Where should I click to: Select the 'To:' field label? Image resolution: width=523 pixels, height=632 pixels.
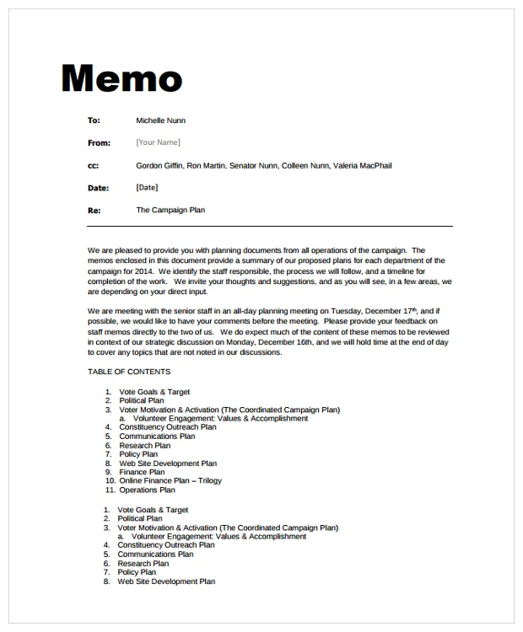pos(94,121)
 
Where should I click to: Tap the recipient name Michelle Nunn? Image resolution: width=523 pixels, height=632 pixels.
pos(160,121)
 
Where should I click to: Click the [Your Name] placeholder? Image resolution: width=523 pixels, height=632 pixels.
pos(158,142)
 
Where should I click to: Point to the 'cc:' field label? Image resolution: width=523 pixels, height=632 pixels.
pos(93,166)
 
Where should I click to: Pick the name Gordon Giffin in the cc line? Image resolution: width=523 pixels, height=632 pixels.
pos(159,166)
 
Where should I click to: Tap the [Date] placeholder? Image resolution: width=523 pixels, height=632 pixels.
pos(147,188)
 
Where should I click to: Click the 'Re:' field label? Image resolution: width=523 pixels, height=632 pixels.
pos(94,211)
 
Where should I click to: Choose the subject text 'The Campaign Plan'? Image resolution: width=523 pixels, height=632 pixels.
pos(170,210)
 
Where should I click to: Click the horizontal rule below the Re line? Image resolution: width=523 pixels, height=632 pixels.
pos(270,226)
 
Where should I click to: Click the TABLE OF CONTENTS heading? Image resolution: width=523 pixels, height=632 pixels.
pos(129,372)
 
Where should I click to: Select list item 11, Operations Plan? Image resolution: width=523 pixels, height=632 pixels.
pos(147,490)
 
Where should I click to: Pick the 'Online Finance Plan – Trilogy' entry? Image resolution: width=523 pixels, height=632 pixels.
pos(170,481)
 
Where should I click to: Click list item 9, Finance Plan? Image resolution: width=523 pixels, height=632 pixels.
pos(142,472)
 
